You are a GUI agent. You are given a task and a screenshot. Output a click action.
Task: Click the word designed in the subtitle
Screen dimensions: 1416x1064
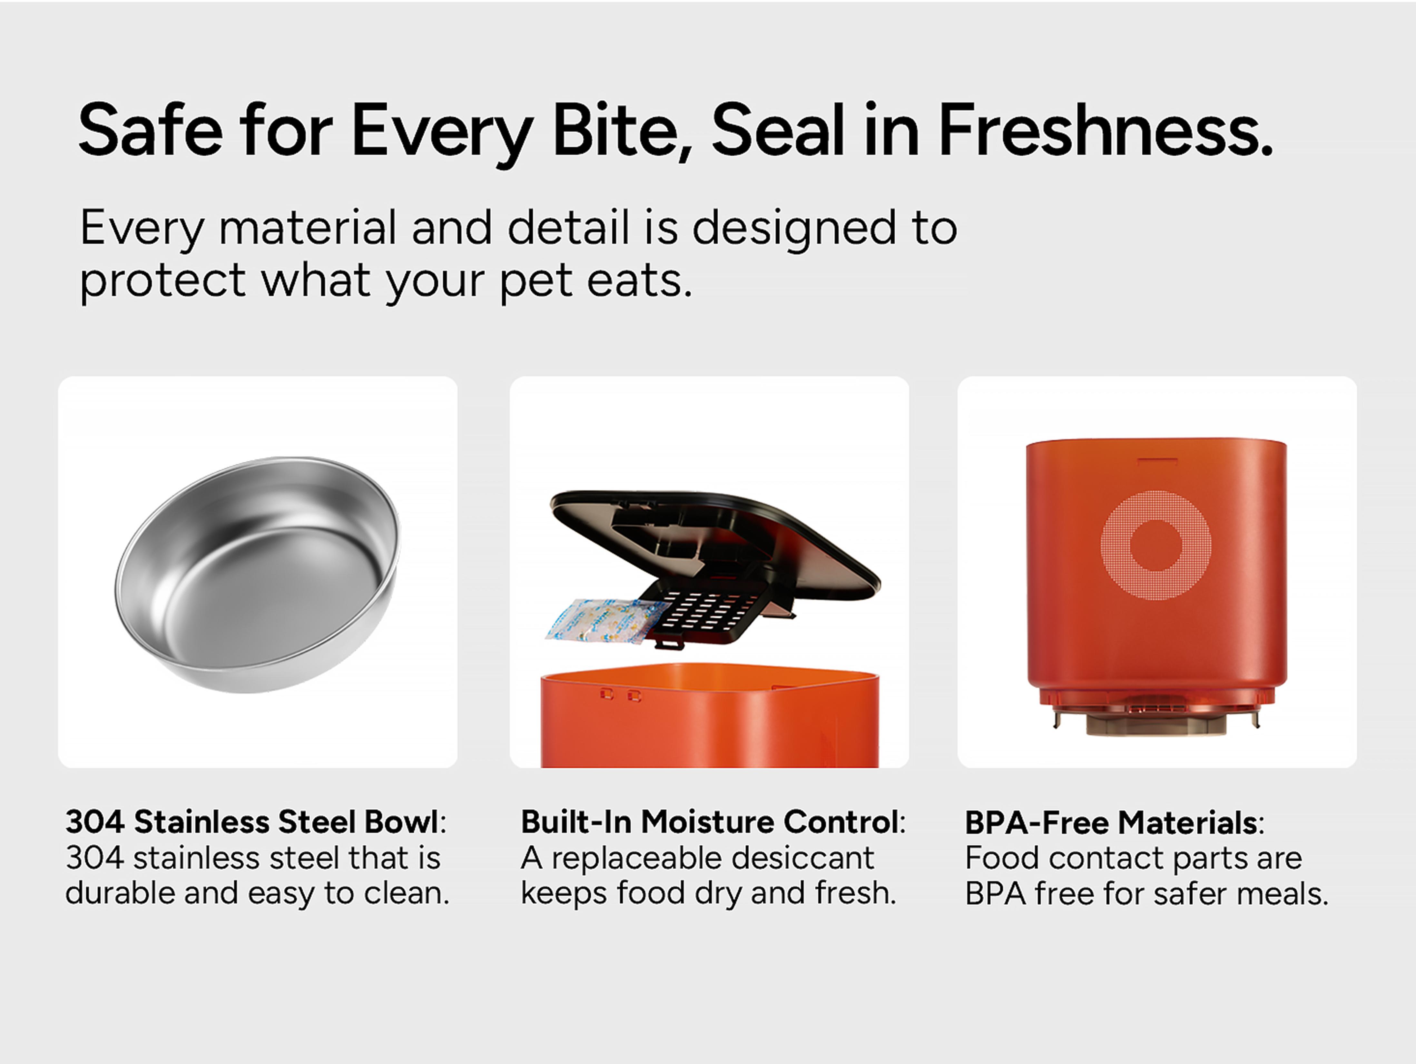click(794, 229)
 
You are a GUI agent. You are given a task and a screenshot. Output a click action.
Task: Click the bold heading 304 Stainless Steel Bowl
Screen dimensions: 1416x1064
click(251, 822)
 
